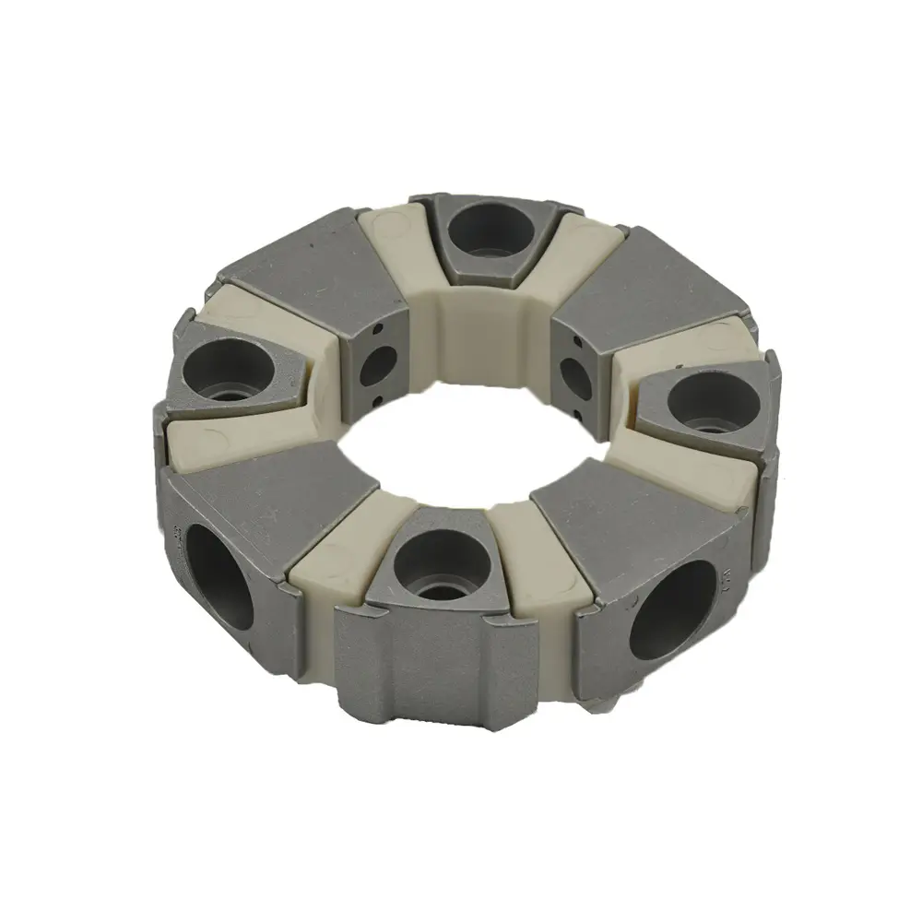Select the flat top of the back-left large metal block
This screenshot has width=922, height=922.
(x=309, y=277)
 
